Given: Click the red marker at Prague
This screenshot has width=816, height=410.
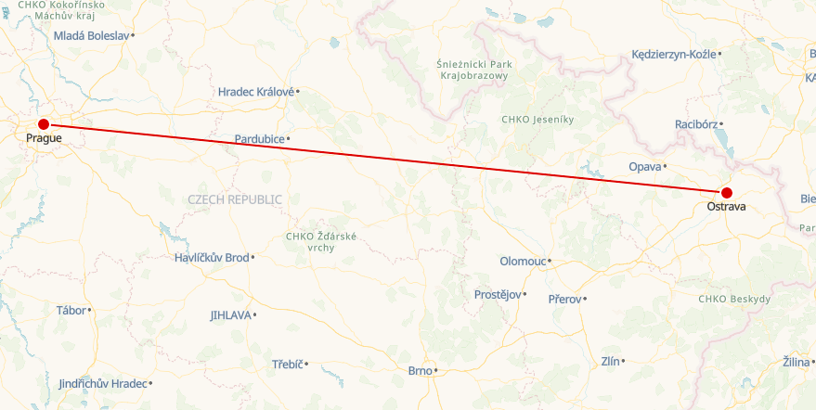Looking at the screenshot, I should pyautogui.click(x=43, y=124).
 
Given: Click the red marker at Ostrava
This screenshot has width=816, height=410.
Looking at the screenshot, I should pyautogui.click(x=726, y=193).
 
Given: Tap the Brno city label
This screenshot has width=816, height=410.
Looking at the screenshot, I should pyautogui.click(x=421, y=371).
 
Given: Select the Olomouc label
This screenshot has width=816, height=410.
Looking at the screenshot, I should pyautogui.click(x=523, y=262).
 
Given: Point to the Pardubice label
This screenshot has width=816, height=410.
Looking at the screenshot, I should pyautogui.click(x=259, y=139).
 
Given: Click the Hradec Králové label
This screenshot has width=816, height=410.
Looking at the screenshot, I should pyautogui.click(x=255, y=92).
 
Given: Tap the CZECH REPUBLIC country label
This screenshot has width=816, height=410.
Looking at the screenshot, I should pyautogui.click(x=235, y=199).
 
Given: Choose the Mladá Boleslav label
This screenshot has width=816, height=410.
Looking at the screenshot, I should pyautogui.click(x=91, y=35).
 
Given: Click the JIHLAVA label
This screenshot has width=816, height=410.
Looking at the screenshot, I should pyautogui.click(x=230, y=315).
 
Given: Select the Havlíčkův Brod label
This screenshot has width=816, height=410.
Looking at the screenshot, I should pyautogui.click(x=212, y=258).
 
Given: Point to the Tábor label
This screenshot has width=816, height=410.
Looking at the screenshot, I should pyautogui.click(x=71, y=310).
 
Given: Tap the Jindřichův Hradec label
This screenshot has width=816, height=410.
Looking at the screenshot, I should pyautogui.click(x=102, y=384).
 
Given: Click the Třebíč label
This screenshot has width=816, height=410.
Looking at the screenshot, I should pyautogui.click(x=288, y=364).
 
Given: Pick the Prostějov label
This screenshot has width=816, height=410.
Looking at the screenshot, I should pyautogui.click(x=498, y=295).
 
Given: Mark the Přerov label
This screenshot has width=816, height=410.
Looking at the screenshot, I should pyautogui.click(x=564, y=299).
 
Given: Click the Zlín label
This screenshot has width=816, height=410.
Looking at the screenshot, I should pyautogui.click(x=610, y=361).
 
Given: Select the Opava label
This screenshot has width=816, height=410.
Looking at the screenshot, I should pyautogui.click(x=644, y=167).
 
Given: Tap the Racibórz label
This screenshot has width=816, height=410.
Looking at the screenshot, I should pyautogui.click(x=695, y=123).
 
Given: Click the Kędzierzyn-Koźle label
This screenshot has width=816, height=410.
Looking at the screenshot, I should pyautogui.click(x=673, y=55).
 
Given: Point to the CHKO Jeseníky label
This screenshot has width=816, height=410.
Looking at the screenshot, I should pyautogui.click(x=538, y=120).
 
